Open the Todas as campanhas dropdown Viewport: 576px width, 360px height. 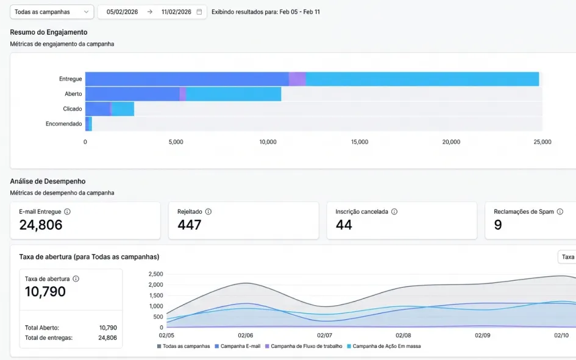click(52, 12)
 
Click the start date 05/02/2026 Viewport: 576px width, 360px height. click(123, 12)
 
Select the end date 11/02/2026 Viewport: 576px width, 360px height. click(176, 12)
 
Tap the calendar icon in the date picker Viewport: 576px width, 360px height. click(199, 12)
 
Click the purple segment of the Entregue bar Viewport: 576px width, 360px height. click(297, 79)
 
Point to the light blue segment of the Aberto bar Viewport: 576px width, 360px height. click(233, 94)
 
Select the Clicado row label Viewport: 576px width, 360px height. click(73, 108)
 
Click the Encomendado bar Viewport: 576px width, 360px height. click(88, 124)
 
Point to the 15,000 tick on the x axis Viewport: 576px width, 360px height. click(359, 142)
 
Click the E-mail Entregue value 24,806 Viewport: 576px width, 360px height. click(41, 225)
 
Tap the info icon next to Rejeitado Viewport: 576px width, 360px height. click(208, 211)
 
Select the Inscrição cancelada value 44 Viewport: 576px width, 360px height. click(344, 225)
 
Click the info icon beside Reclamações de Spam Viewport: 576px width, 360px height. click(560, 211)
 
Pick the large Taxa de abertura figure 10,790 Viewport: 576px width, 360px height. click(45, 291)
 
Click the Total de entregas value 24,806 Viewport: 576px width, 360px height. click(108, 337)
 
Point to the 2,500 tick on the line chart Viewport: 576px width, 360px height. click(156, 274)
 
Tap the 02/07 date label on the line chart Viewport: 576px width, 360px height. click(324, 335)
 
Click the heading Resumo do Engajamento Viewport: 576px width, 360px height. click(49, 32)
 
